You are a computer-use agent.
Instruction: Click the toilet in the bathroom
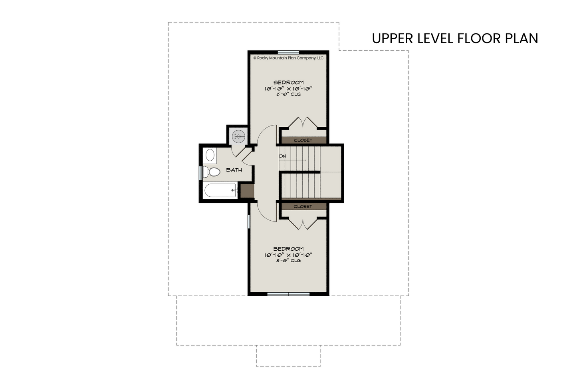212,172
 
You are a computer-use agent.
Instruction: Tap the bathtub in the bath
220,190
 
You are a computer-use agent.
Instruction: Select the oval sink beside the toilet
210,155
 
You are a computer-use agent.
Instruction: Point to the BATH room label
234,170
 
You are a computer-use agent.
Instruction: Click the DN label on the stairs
283,156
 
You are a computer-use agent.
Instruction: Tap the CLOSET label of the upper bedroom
303,140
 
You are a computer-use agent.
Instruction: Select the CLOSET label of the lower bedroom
303,207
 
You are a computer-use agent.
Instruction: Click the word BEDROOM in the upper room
288,82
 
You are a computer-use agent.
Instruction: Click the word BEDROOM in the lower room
288,249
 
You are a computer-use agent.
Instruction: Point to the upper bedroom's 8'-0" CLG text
288,94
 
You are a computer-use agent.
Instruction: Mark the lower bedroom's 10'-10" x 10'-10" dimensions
288,255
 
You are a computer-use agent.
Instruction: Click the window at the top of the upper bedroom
288,52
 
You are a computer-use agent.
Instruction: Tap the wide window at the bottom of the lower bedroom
288,294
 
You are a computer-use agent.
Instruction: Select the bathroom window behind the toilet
201,173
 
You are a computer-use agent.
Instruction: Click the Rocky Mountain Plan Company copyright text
288,58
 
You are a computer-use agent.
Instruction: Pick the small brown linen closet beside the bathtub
247,191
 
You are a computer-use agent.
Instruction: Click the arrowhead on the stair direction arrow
305,160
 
